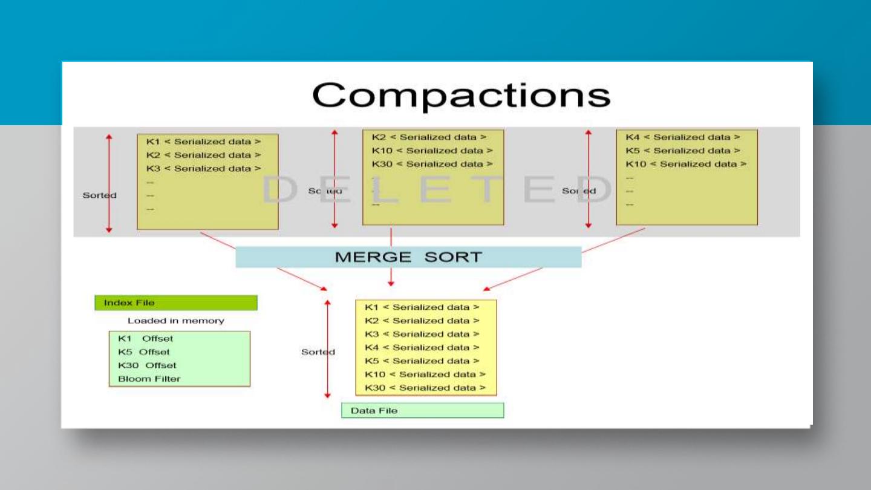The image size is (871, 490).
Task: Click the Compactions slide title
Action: (461, 95)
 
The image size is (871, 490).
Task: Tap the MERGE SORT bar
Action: (408, 257)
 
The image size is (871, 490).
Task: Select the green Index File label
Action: (175, 302)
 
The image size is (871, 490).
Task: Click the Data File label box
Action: (422, 411)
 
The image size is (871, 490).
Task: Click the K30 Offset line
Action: (148, 365)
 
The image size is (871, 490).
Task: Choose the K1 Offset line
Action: (146, 339)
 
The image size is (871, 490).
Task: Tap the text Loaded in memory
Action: (175, 321)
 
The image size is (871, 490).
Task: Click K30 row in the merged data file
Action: (425, 388)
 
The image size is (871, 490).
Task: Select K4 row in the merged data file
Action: (422, 348)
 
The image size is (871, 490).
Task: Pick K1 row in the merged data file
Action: (422, 307)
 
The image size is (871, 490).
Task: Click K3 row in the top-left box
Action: (204, 169)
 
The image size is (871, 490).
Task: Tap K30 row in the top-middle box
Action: (432, 164)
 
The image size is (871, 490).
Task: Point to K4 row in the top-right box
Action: (683, 137)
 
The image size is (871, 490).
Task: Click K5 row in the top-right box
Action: (683, 151)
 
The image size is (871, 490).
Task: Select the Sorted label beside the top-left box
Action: (99, 195)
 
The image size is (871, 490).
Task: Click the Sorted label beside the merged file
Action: (318, 352)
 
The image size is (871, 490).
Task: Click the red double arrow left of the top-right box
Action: (588, 179)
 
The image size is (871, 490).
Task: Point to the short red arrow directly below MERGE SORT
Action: (391, 277)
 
